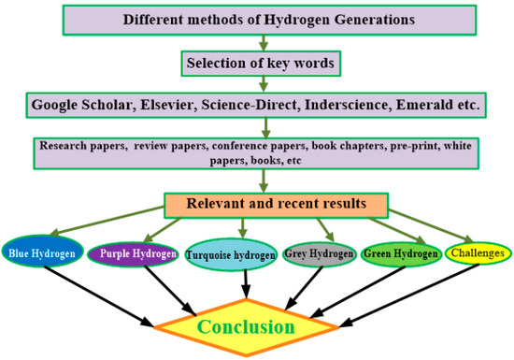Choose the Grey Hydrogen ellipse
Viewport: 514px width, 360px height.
321,252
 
